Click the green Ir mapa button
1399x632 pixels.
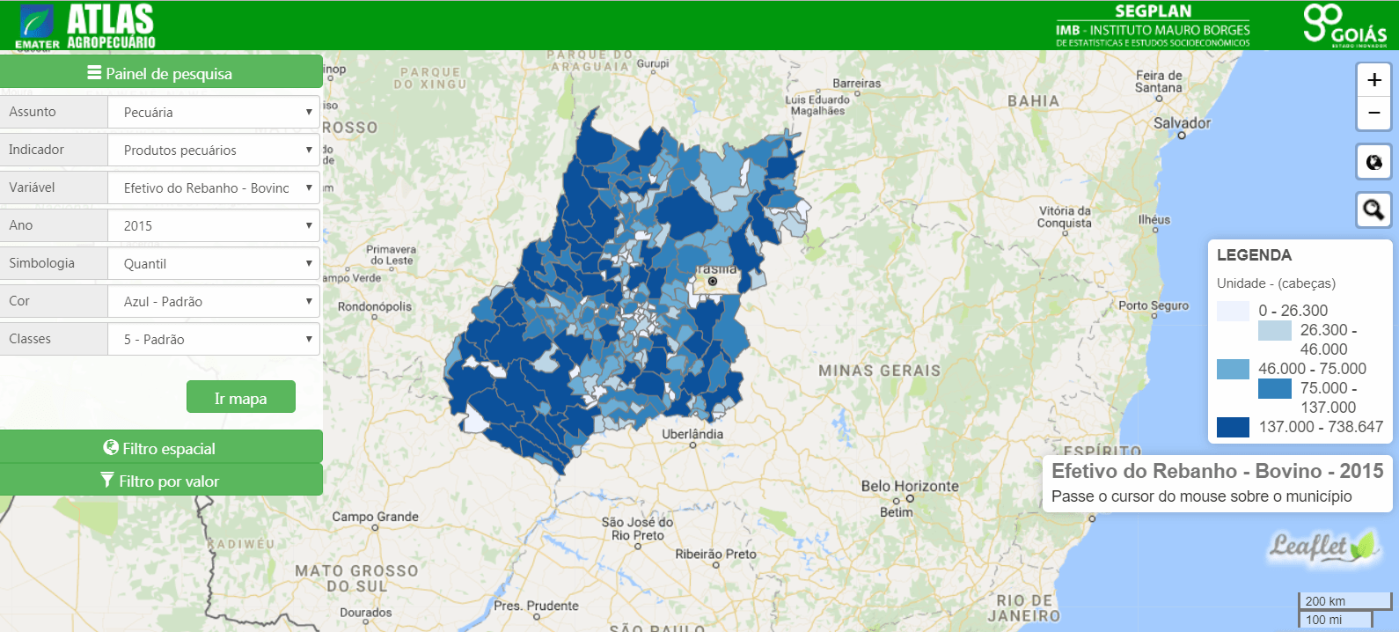click(x=240, y=398)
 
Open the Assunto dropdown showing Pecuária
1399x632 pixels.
click(x=214, y=113)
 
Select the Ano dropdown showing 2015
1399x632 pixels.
click(x=214, y=226)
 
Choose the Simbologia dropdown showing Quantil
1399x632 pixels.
click(x=214, y=264)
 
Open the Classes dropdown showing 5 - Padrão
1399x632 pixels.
click(x=214, y=340)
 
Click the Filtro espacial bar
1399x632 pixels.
click(x=160, y=448)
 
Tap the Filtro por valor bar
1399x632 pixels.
click(x=160, y=481)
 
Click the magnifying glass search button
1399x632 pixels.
click(x=1373, y=209)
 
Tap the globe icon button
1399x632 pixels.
click(x=1373, y=162)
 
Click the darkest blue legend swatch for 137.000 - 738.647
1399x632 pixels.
click(x=1233, y=427)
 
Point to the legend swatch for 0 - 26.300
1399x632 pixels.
click(x=1233, y=311)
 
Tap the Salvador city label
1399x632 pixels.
click(x=1182, y=123)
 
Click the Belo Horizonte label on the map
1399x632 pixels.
click(x=909, y=486)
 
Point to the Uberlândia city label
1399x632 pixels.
click(x=692, y=434)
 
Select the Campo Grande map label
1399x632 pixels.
click(x=375, y=517)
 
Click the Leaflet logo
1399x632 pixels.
click(x=1322, y=547)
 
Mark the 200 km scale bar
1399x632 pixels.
click(x=1343, y=601)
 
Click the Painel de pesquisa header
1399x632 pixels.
click(x=160, y=73)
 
